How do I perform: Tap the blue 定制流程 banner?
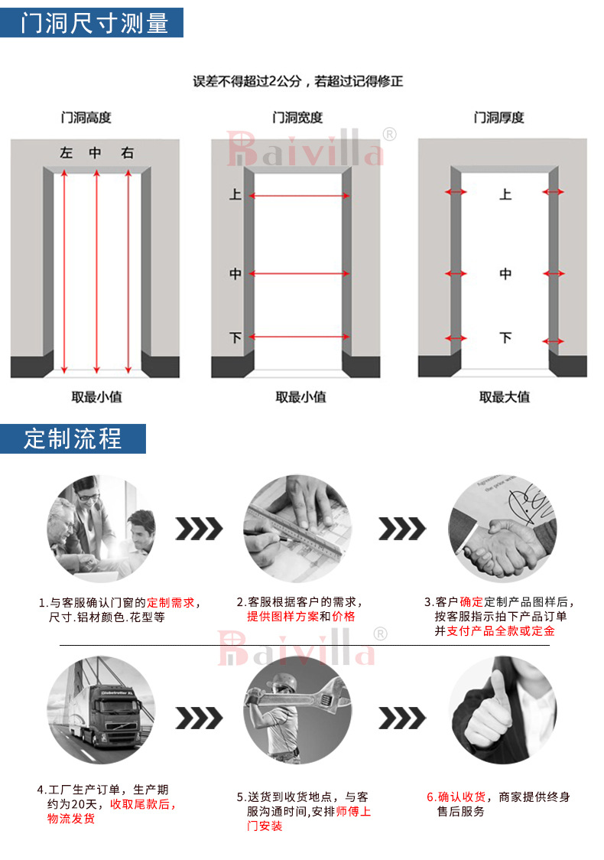point(73,439)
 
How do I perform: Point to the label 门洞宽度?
point(297,118)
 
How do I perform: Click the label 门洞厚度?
point(498,118)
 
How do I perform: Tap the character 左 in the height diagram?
point(67,154)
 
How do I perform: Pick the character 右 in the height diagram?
point(127,154)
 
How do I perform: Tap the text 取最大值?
point(504,397)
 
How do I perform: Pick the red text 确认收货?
point(456,797)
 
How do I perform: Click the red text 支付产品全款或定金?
point(501,631)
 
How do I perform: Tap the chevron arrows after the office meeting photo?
point(199,529)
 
